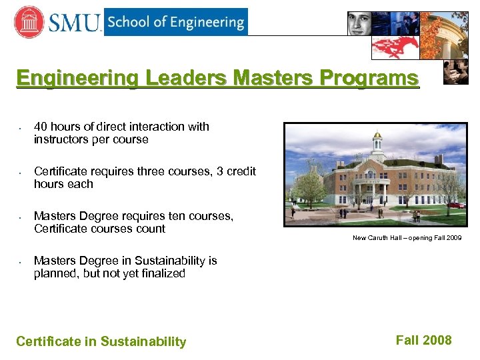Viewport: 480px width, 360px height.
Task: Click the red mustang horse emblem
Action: (x=395, y=47)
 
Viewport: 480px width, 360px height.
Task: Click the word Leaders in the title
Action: (x=188, y=79)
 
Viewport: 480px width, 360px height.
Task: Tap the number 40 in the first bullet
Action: (x=41, y=127)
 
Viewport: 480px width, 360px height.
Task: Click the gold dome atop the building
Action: (x=378, y=136)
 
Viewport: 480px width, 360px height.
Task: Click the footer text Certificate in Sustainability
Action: (x=101, y=342)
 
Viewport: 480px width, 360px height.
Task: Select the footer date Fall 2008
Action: (x=423, y=341)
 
